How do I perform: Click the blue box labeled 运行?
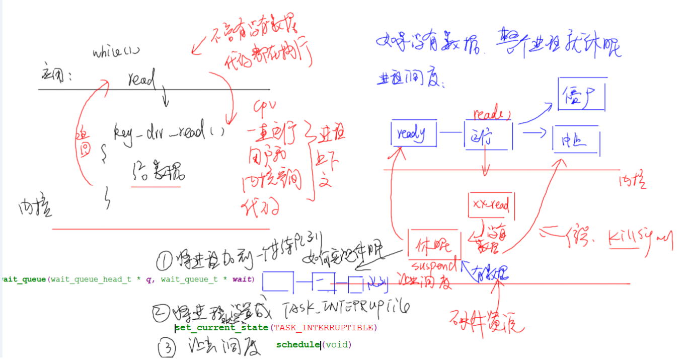[x=487, y=135]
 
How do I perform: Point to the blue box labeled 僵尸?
[x=581, y=94]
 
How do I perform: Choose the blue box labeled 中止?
[x=576, y=140]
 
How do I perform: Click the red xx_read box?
[x=491, y=205]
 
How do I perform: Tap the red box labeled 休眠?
[x=433, y=245]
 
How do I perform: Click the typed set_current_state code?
[x=221, y=328]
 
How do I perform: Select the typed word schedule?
[x=298, y=345]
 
